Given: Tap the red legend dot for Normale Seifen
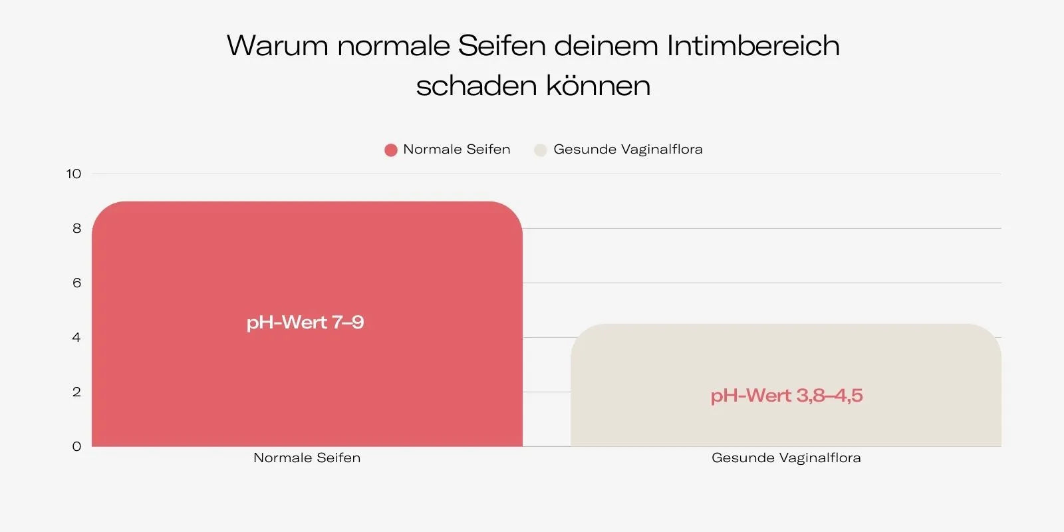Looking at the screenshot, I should (391, 150).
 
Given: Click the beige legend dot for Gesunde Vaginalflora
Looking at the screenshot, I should (541, 150).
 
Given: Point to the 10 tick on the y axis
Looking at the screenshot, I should (74, 174).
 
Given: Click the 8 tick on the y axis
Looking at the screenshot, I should (76, 229).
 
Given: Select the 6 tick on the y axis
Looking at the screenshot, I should (76, 283).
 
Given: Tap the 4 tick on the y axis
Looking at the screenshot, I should (76, 338).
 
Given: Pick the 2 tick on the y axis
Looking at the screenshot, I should (76, 392).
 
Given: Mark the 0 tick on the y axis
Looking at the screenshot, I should (76, 447).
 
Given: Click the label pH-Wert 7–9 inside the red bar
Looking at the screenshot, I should (305, 323).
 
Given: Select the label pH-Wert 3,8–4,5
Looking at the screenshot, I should (787, 396).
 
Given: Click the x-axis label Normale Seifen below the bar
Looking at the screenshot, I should (307, 458).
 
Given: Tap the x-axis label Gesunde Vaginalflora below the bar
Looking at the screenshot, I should (786, 458).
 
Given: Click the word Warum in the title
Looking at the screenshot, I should (277, 47).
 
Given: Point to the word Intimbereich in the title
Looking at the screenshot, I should (753, 47).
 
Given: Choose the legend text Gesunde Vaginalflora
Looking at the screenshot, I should (628, 150).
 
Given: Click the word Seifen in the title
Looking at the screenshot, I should (501, 47).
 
